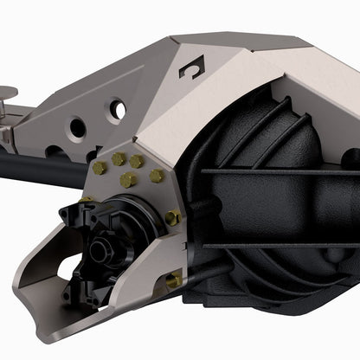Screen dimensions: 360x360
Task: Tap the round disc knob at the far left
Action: pyautogui.click(x=5, y=89)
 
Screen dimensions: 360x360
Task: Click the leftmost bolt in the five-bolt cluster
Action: pyautogui.click(x=98, y=166)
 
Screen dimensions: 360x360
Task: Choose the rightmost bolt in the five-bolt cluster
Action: pyautogui.click(x=156, y=176)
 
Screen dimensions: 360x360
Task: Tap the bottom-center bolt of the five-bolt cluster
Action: pyautogui.click(x=128, y=180)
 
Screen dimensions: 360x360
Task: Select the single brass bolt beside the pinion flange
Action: pyautogui.click(x=172, y=218)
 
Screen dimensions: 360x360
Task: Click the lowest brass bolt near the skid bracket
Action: pyautogui.click(x=174, y=280)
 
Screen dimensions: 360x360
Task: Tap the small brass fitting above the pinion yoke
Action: pyautogui.click(x=87, y=201)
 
